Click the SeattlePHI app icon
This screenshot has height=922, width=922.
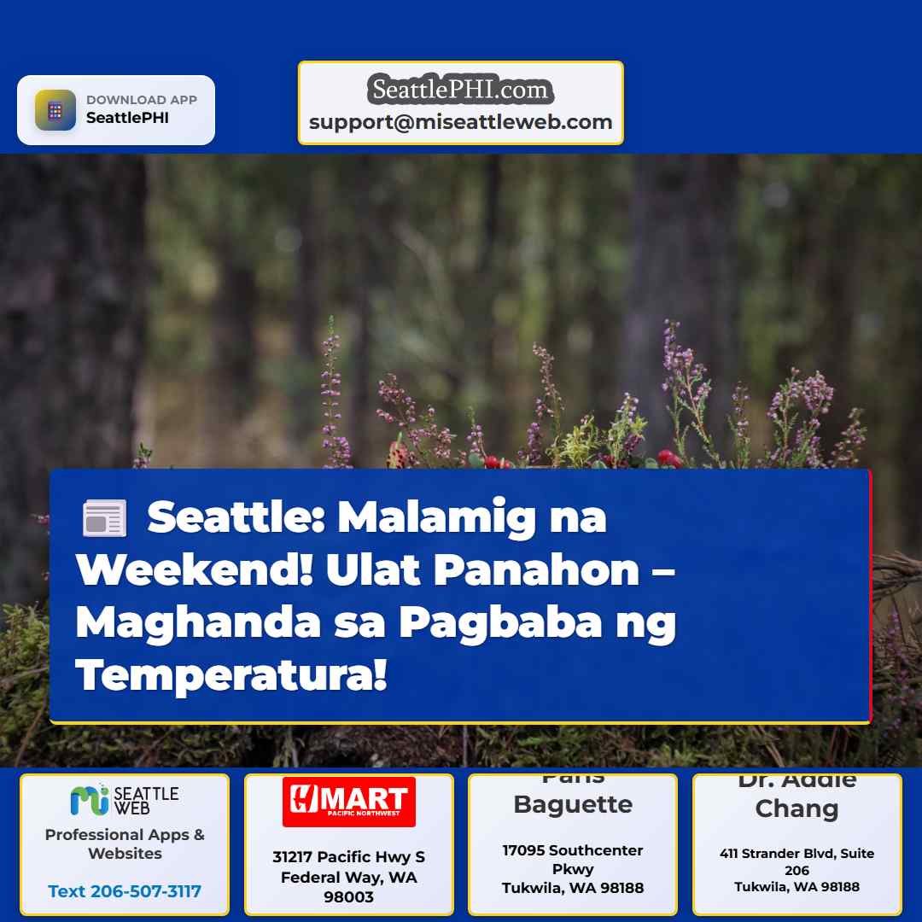(x=55, y=110)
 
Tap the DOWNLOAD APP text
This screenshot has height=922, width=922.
(x=142, y=100)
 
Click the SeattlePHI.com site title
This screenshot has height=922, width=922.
(x=461, y=89)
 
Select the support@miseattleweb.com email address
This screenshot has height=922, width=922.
(x=461, y=122)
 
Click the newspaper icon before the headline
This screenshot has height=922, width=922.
(x=104, y=519)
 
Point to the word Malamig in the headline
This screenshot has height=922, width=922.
(x=441, y=517)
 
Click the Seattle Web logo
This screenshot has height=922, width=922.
(x=125, y=800)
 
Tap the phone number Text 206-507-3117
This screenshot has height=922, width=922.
(x=125, y=891)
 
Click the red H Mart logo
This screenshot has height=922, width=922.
(x=348, y=802)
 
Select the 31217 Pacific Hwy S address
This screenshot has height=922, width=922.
(x=348, y=857)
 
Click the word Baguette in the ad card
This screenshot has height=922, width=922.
(x=573, y=804)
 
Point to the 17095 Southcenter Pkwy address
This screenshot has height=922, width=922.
(x=573, y=860)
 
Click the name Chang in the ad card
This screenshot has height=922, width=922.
(x=797, y=808)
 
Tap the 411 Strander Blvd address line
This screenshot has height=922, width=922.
(x=797, y=854)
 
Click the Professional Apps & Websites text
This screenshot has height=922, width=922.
(x=125, y=843)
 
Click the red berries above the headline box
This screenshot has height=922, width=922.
(x=670, y=458)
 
